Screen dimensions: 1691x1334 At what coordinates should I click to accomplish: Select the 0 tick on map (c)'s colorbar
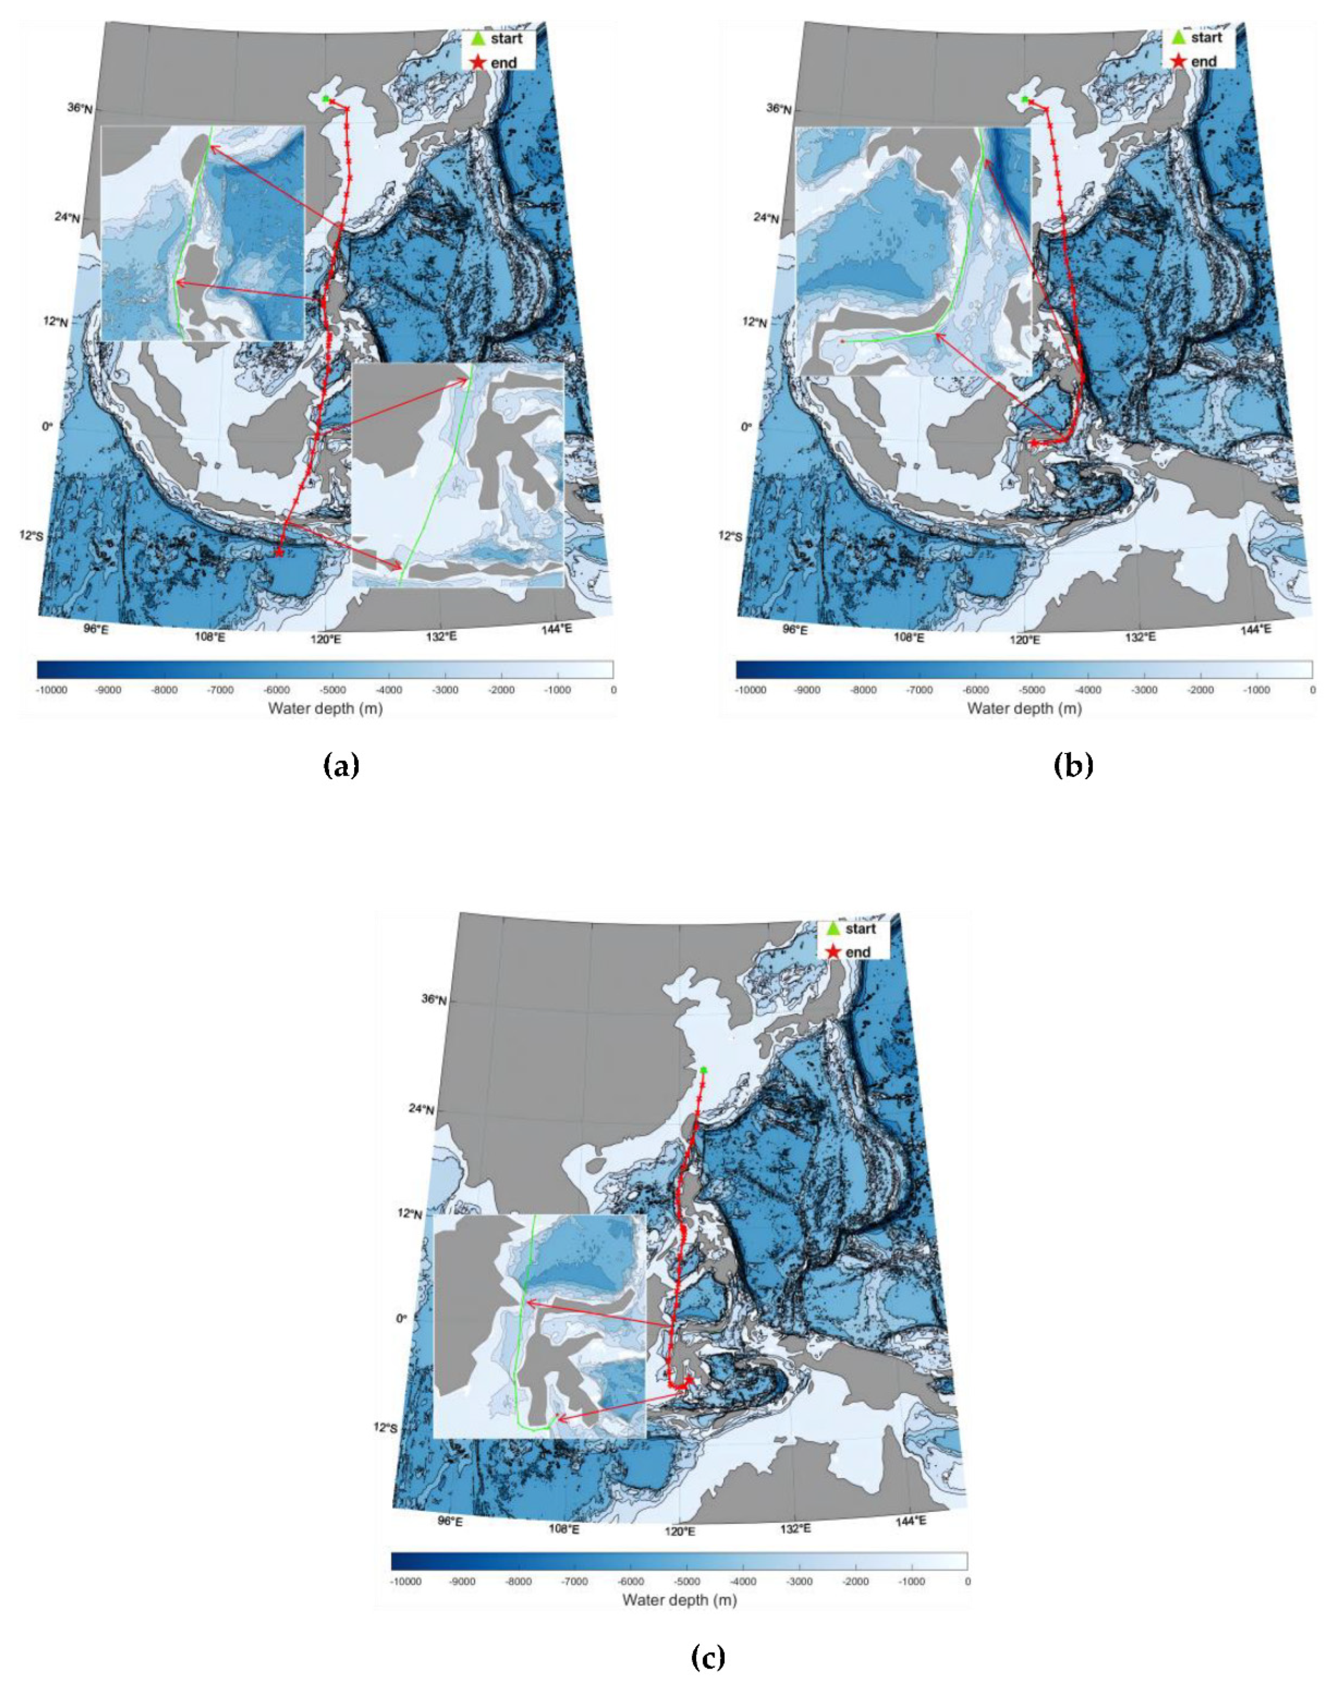(x=967, y=1581)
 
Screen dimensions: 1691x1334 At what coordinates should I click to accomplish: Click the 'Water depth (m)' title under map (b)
(x=1024, y=709)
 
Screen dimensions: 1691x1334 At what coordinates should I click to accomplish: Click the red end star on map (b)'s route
(x=1035, y=443)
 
